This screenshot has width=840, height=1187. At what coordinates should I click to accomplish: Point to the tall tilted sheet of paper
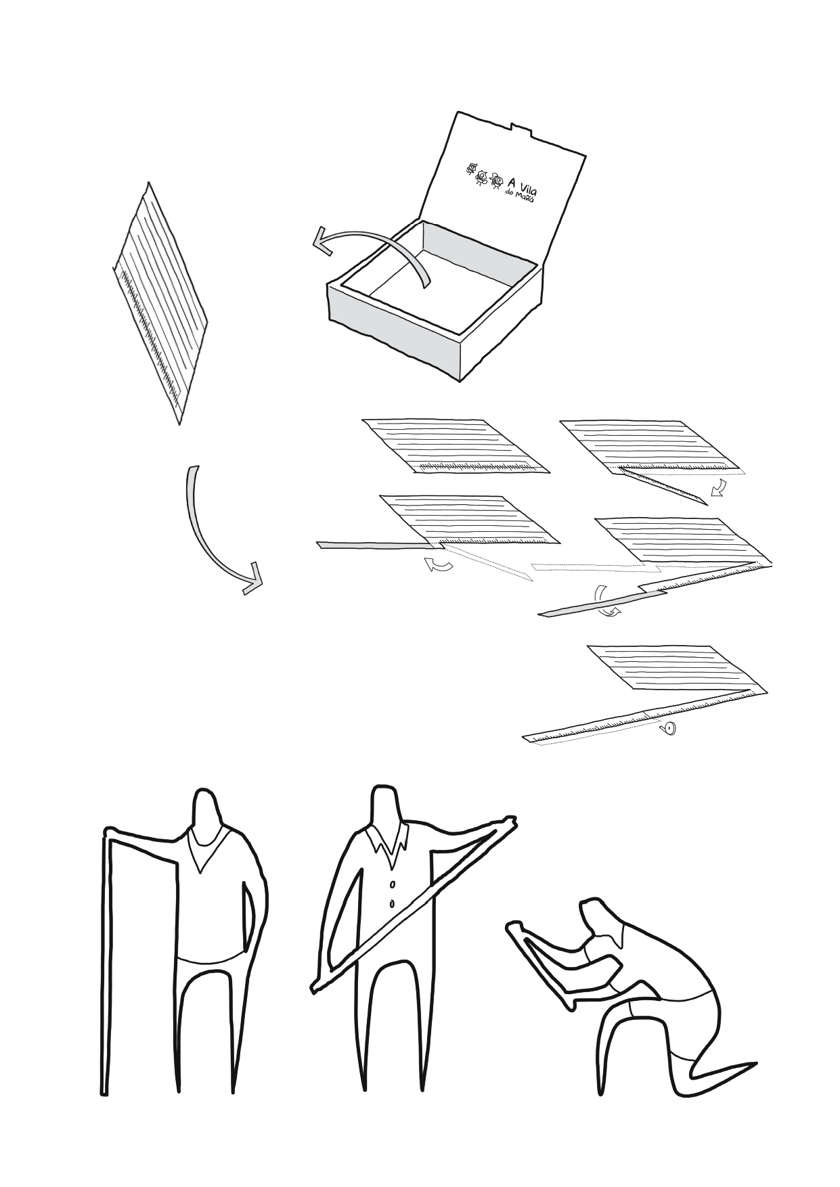tap(159, 303)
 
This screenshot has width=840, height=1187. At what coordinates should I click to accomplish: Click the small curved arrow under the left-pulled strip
tap(439, 564)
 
